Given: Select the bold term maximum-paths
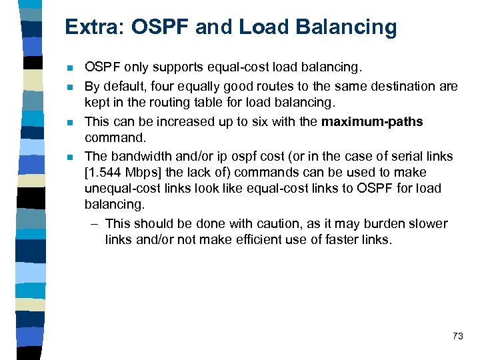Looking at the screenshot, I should pyautogui.click(x=372, y=121).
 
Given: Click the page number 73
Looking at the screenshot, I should pyautogui.click(x=457, y=336).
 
